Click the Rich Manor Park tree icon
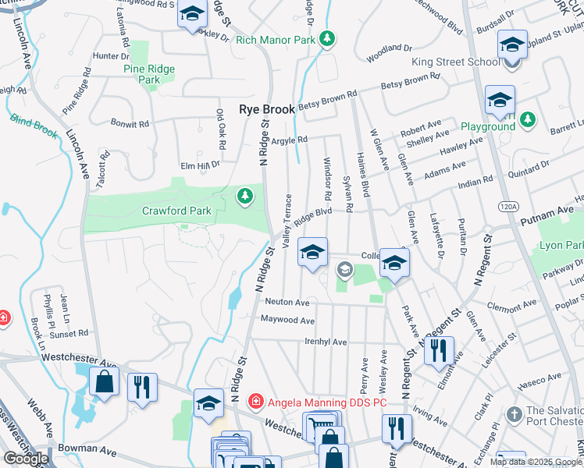click(329, 38)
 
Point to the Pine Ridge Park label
click(149, 74)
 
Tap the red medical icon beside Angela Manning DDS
click(255, 402)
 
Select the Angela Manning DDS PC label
click(328, 402)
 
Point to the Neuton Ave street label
click(287, 302)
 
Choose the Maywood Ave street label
click(287, 321)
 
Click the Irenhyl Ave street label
click(325, 342)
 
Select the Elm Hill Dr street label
click(201, 165)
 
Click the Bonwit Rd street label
click(130, 124)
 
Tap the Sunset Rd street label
click(69, 333)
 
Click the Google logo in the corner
click(27, 459)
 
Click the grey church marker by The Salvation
click(514, 414)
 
